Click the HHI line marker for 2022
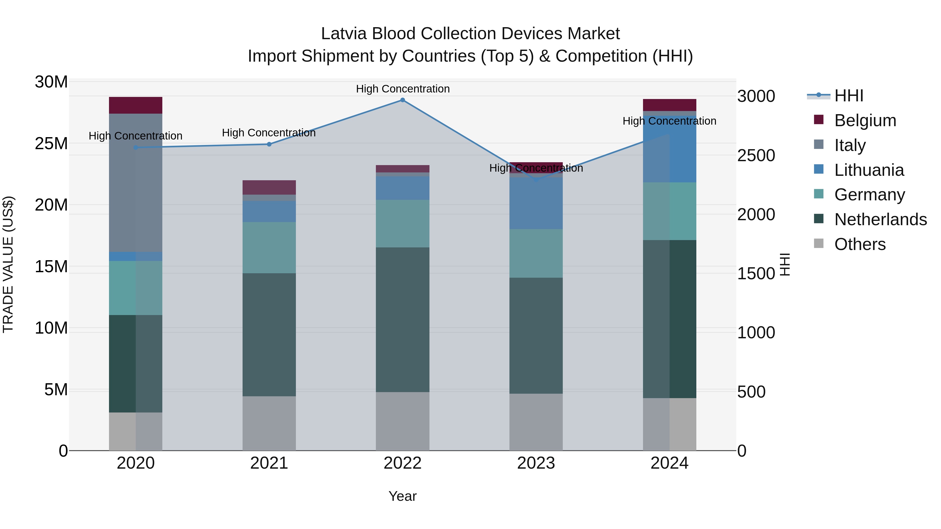point(403,100)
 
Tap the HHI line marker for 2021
point(269,144)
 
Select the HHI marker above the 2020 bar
point(136,148)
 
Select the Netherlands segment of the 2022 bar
point(403,320)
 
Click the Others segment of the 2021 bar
point(269,423)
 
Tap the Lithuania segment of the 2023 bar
point(536,203)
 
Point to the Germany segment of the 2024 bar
point(670,211)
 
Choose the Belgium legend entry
point(865,120)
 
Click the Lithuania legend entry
point(869,170)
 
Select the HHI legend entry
point(848,96)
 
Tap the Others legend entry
point(859,244)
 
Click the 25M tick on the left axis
point(51,143)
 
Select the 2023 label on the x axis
point(536,463)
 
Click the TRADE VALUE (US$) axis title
point(8,264)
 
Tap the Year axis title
point(403,496)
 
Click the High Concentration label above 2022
point(403,89)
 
